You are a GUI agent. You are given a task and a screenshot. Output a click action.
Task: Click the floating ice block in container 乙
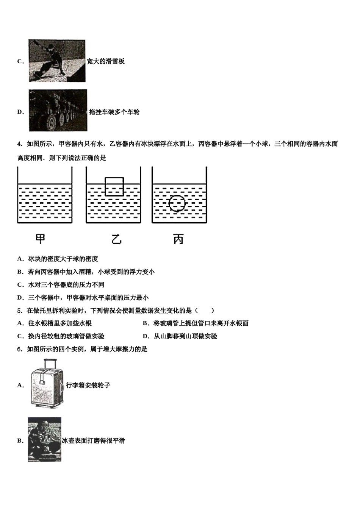[x=114, y=186]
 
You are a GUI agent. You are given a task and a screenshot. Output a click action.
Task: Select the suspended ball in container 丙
[x=177, y=204]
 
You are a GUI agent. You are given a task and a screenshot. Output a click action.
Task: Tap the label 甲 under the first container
[x=40, y=239]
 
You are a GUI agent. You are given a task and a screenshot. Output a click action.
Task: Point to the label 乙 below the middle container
[x=116, y=239]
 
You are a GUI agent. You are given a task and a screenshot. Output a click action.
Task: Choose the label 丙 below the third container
[x=178, y=239]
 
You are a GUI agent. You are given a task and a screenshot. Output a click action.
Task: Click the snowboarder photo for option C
[x=57, y=61]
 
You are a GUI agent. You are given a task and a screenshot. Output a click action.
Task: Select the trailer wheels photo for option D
[x=58, y=111]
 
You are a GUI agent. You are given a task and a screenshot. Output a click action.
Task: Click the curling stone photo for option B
[x=45, y=440]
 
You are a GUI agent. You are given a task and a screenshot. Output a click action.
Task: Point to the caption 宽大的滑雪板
[x=106, y=61]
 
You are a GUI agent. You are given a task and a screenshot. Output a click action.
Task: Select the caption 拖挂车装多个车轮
[x=114, y=112]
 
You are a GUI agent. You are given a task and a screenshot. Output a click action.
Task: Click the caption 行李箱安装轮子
[x=88, y=385]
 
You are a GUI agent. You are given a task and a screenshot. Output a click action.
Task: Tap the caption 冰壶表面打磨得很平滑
[x=94, y=441]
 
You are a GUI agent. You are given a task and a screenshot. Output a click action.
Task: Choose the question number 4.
[x=19, y=144]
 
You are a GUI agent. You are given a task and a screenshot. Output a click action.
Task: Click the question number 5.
[x=19, y=311]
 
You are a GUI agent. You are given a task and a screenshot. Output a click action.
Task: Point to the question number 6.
[x=19, y=349]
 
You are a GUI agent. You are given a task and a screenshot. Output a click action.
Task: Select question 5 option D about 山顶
[x=180, y=336]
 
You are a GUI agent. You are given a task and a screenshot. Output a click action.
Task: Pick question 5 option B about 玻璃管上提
[x=196, y=323]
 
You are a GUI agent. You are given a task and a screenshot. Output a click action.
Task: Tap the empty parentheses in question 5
[x=205, y=311]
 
